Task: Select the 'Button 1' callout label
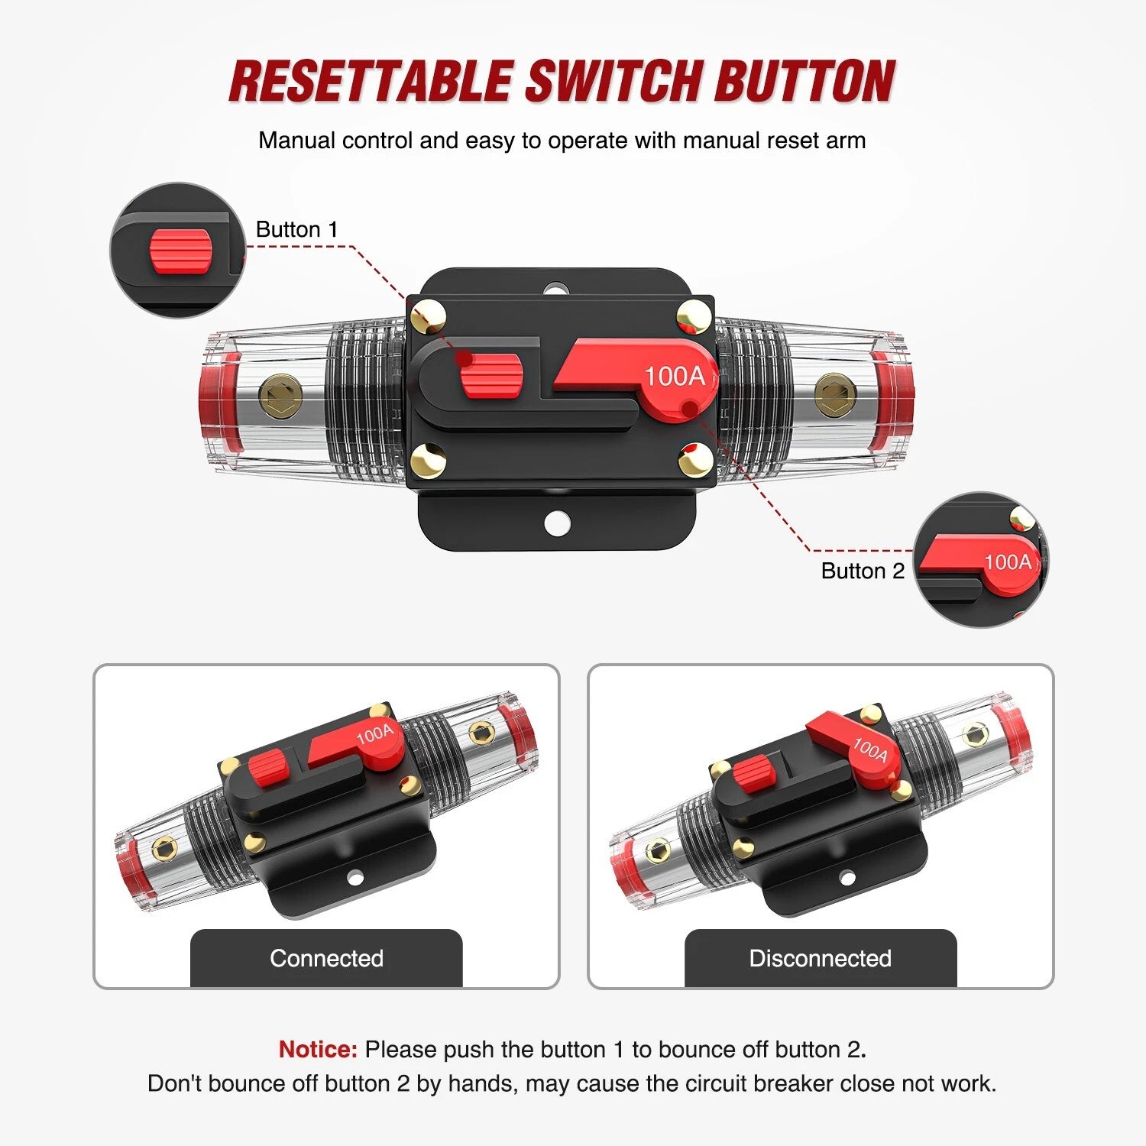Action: [296, 229]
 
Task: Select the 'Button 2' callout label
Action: [863, 571]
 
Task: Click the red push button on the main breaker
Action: [491, 377]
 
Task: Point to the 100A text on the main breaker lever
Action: [675, 376]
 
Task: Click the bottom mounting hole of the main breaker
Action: [558, 523]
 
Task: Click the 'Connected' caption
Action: [326, 958]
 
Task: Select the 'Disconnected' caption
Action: [821, 958]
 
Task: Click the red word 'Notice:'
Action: [318, 1049]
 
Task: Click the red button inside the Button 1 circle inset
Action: [180, 250]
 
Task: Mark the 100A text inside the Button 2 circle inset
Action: [1008, 562]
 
